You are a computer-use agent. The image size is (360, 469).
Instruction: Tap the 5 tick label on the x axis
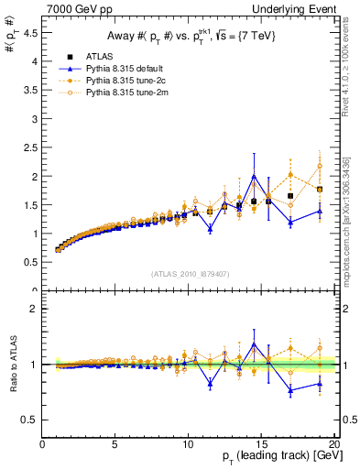pos(115,444)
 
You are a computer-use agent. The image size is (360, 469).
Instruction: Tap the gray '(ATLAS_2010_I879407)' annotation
pos(190,273)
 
